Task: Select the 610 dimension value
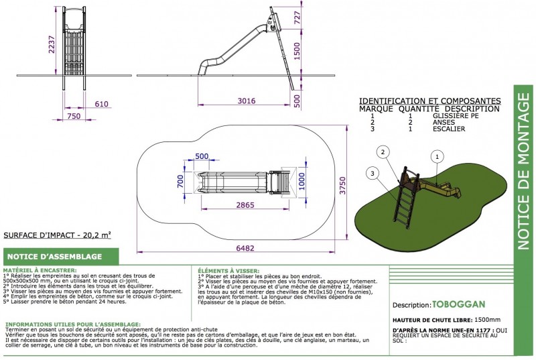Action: (x=101, y=104)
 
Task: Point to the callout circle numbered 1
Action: (x=437, y=157)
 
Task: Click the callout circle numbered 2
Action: (x=383, y=152)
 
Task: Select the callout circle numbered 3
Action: (x=372, y=174)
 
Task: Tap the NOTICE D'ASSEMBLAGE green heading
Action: (x=54, y=257)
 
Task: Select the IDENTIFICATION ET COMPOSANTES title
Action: (x=429, y=99)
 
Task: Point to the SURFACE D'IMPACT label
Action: (x=57, y=235)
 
